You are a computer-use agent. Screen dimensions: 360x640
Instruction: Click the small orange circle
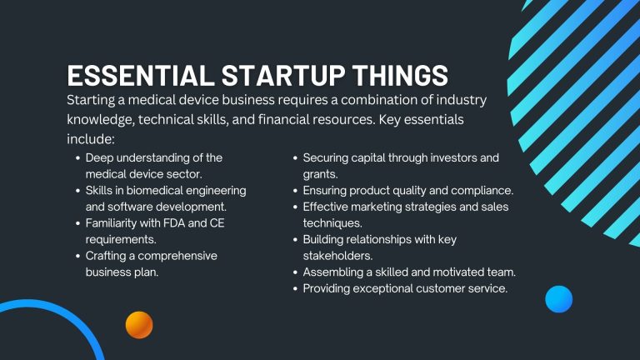pyautogui.click(x=139, y=324)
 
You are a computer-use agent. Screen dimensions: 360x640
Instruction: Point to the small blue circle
pyautogui.click(x=558, y=298)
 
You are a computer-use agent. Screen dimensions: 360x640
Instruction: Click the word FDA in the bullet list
pyautogui.click(x=176, y=223)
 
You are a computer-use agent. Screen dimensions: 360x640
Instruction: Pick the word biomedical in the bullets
pyautogui.click(x=158, y=191)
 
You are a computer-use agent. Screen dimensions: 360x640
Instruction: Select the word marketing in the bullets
pyautogui.click(x=380, y=207)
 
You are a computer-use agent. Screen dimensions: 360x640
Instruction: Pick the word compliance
pyautogui.click(x=482, y=191)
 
